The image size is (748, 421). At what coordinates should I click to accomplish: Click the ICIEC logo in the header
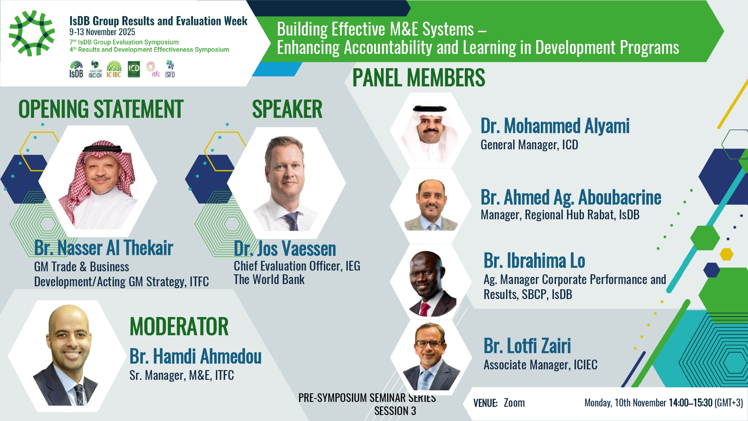[114, 69]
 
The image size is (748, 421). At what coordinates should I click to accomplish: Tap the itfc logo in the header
[153, 69]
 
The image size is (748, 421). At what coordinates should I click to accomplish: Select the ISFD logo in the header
[170, 69]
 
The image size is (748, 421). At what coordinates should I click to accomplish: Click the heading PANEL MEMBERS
[419, 78]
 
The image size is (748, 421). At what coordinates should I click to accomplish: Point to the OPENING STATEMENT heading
[101, 109]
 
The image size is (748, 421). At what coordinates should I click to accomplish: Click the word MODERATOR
[179, 326]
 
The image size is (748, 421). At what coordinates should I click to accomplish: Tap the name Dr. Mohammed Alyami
[555, 126]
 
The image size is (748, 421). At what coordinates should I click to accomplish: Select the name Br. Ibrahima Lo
[534, 260]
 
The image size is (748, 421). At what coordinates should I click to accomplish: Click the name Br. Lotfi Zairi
[527, 346]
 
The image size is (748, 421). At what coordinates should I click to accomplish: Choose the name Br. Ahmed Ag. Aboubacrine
[571, 197]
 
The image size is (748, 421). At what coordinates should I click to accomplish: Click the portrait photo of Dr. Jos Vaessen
[286, 183]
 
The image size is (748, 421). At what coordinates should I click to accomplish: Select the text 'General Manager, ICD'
[529, 145]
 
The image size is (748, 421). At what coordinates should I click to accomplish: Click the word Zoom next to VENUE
[514, 403]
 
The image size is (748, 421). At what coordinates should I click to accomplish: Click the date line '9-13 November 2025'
[102, 32]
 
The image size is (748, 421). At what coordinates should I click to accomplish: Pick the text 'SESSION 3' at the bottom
[395, 411]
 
